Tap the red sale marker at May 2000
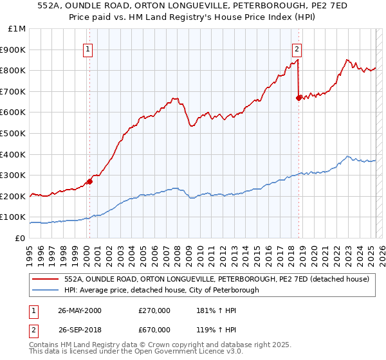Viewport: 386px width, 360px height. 90,181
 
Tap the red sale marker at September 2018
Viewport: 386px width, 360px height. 299,98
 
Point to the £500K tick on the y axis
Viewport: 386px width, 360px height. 15,133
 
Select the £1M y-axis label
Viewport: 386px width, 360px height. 17,29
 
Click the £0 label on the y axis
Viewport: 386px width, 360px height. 21,238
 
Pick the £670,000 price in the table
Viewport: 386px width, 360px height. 154,330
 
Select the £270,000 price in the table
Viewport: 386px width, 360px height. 154,310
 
